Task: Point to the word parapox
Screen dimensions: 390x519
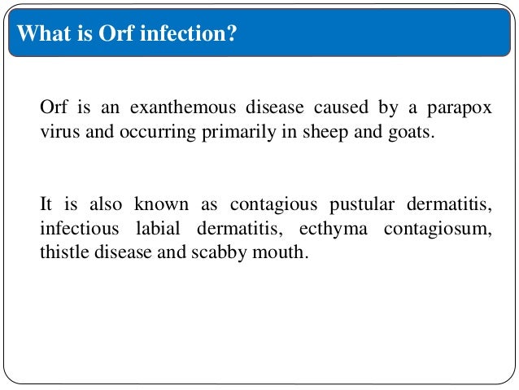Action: point(463,110)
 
